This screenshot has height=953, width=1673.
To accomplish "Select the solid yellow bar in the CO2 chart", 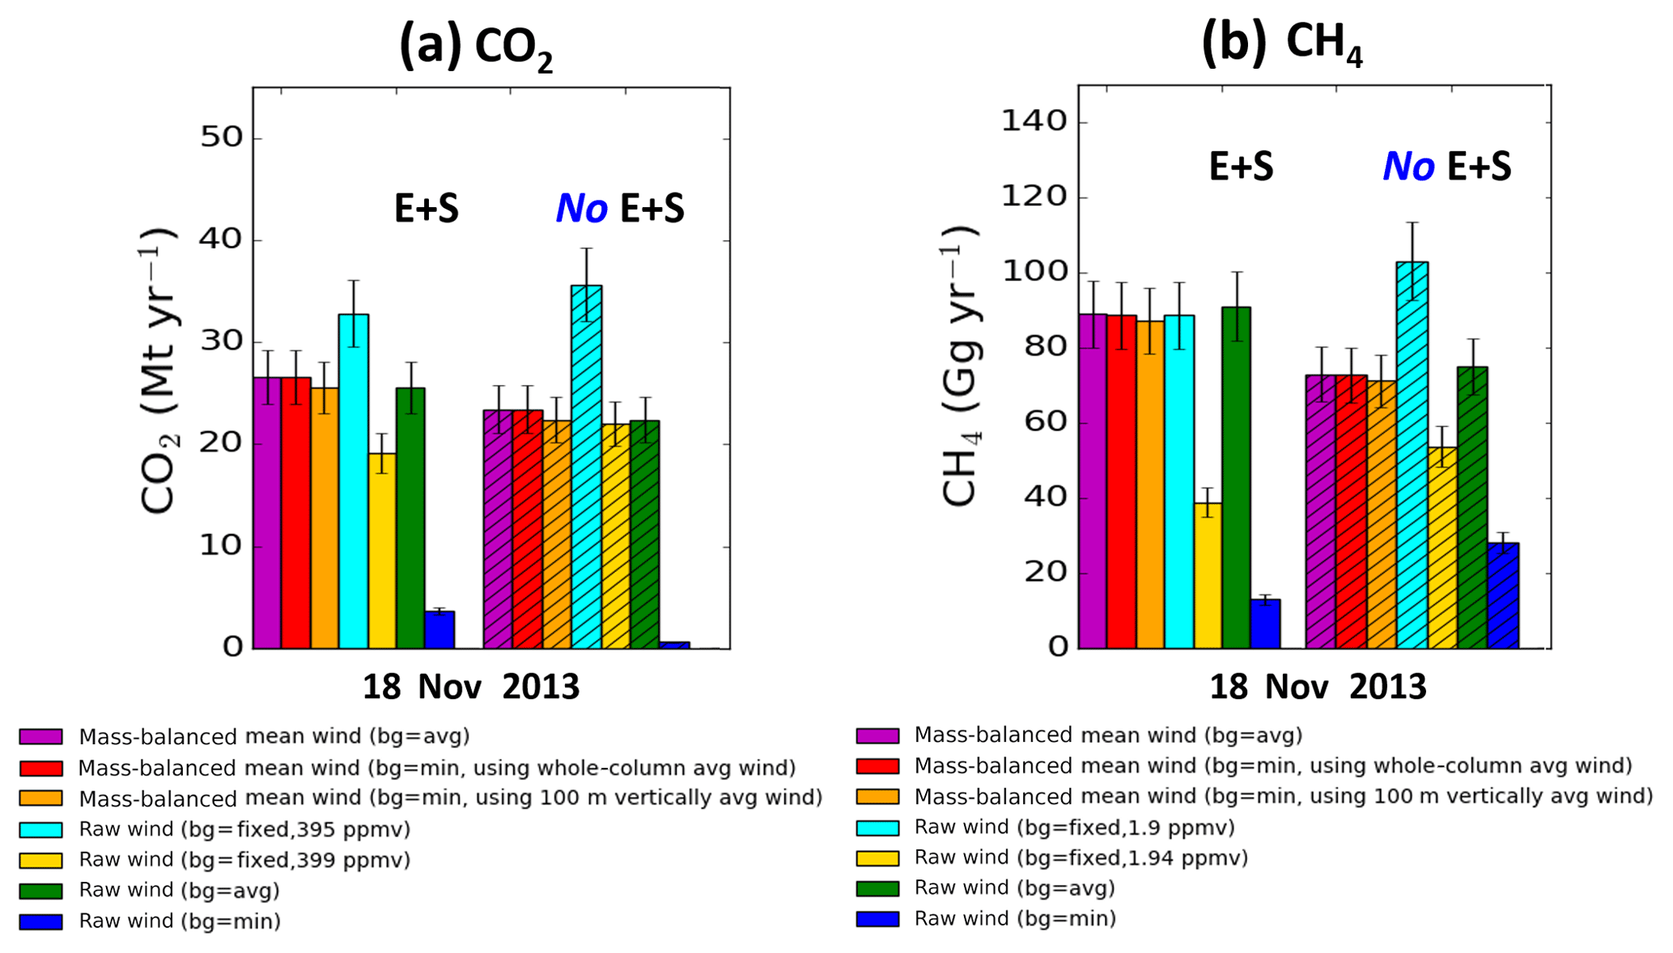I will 382,550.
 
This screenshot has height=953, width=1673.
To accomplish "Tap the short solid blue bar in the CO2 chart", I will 439,629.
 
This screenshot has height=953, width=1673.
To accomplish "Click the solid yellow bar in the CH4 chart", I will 1208,575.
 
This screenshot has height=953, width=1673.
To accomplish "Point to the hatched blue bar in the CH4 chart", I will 1503,595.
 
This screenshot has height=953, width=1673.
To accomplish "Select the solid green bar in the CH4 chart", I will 1236,477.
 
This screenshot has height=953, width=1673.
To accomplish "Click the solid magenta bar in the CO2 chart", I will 267,513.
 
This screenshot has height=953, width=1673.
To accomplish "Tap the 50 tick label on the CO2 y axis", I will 221,138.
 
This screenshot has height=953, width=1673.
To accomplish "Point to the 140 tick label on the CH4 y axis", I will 1034,121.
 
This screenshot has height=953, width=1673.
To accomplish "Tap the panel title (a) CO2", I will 476,47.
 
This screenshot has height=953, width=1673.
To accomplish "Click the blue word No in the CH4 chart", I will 1408,167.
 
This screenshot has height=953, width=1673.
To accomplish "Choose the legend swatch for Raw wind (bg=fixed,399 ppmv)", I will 40,860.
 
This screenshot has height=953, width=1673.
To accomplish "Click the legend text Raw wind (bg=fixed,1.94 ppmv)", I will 1081,858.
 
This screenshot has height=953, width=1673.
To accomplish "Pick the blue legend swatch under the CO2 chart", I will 40,921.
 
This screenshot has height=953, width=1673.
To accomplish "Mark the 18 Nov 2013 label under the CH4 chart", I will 1317,687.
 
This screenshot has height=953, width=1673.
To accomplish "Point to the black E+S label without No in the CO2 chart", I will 427,209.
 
